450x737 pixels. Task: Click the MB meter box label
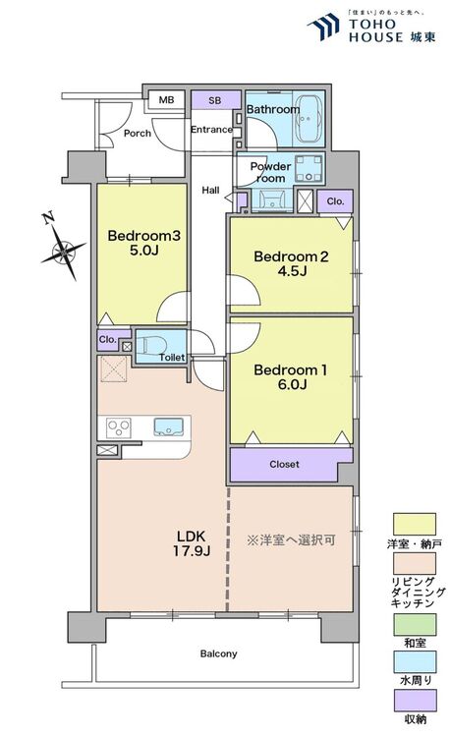166,99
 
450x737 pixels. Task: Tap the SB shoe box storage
215,100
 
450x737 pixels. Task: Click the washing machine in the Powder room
309,168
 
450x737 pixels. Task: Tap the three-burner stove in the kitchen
118,428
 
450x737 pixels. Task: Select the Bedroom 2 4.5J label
291,263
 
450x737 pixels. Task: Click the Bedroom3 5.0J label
143,243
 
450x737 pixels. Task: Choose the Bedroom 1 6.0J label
290,377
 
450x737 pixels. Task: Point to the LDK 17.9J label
192,542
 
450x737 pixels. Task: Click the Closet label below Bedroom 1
284,465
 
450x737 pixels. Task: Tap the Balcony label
218,653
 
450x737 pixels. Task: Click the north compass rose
63,251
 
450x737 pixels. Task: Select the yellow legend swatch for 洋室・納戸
415,524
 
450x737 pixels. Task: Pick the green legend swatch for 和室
415,624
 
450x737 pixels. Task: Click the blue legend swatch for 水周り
415,661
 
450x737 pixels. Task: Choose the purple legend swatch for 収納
415,701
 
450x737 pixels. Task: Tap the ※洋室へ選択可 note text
291,540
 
